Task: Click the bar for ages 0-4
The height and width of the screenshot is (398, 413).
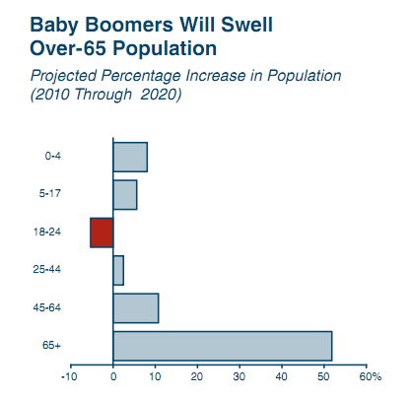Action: pos(130,157)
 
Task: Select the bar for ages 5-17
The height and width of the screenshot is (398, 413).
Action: pos(125,195)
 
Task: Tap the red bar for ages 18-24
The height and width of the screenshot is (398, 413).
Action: pos(102,232)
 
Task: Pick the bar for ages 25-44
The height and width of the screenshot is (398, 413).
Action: pos(118,271)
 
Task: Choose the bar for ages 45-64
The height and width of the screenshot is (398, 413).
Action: pos(136,308)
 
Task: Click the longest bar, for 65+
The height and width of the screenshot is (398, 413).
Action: pos(223,346)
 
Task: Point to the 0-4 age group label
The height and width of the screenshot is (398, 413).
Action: pos(53,156)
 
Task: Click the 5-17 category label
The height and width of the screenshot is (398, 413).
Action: pos(50,193)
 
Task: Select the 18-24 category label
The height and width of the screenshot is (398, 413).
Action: pos(47,232)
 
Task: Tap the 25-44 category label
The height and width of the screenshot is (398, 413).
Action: pos(47,270)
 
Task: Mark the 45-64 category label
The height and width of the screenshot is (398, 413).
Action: pos(47,307)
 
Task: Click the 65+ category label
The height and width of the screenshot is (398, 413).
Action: pos(51,346)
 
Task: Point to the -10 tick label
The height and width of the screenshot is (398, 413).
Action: pos(69,376)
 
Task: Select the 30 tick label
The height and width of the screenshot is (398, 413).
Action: pos(240,376)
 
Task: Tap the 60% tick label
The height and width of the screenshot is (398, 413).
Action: pos(371,376)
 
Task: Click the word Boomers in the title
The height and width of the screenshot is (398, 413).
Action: pos(129,25)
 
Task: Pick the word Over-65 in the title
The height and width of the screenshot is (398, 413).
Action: pos(68,48)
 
